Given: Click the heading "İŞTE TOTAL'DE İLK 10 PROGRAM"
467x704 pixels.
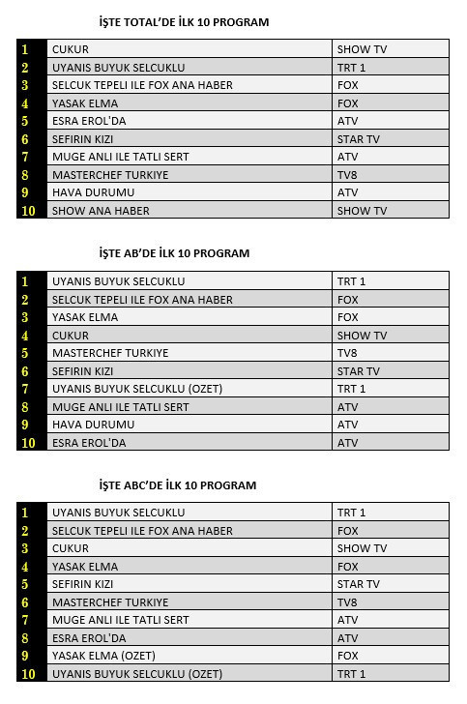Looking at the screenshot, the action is pos(184,21).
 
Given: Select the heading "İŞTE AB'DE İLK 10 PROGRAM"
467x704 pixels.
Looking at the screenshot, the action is pos(174,253).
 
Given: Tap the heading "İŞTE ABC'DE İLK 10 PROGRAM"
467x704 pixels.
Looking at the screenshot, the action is pos(178,485).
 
